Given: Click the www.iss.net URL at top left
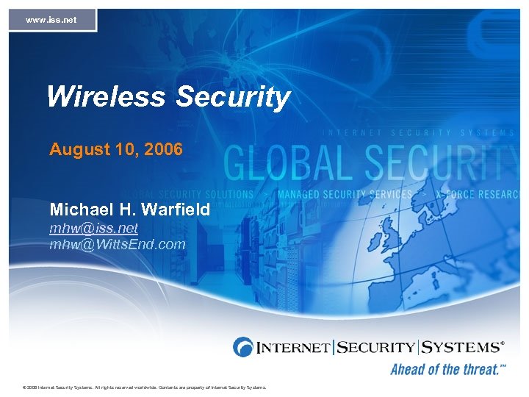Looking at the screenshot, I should tap(51, 20).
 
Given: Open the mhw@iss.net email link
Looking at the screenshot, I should tap(93, 228).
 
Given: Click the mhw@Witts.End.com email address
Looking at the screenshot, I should tap(118, 244).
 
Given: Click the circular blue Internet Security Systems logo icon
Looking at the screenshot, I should tap(243, 347).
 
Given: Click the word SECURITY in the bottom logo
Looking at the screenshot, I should tap(376, 346).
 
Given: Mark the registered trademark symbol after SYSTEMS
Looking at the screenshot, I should tap(503, 343).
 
